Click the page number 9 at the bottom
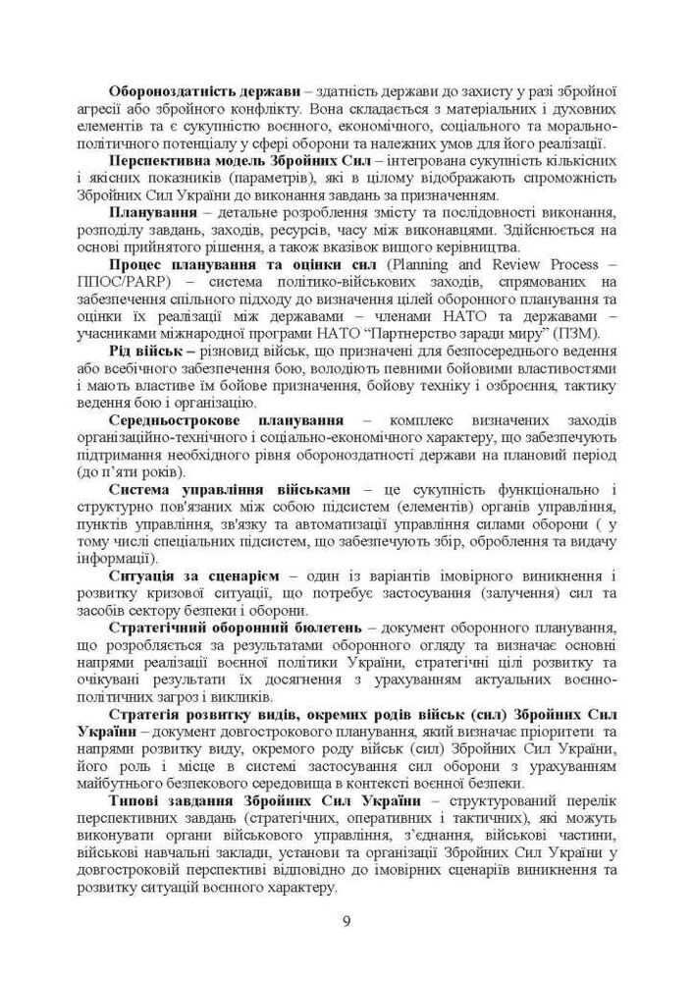[347, 921]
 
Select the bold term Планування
[147, 213]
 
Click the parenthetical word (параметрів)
[299, 179]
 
